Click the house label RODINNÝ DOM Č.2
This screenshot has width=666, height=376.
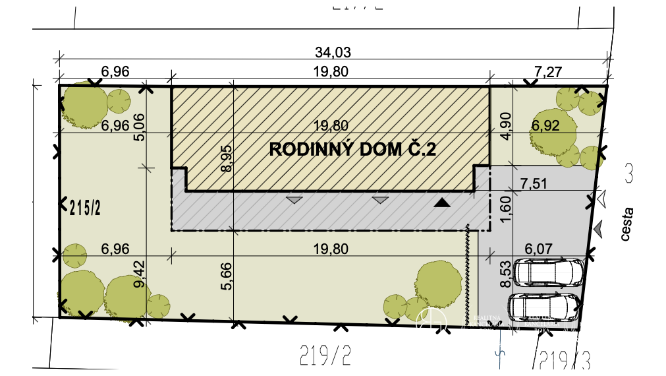[352, 150]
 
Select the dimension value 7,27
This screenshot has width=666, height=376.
[550, 71]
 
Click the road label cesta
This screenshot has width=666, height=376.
[627, 224]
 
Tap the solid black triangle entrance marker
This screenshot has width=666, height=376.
[442, 203]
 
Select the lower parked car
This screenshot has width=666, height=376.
[544, 307]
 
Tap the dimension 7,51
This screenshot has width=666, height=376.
[534, 184]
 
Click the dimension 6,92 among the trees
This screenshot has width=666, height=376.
[545, 125]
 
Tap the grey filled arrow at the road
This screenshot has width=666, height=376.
[597, 228]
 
